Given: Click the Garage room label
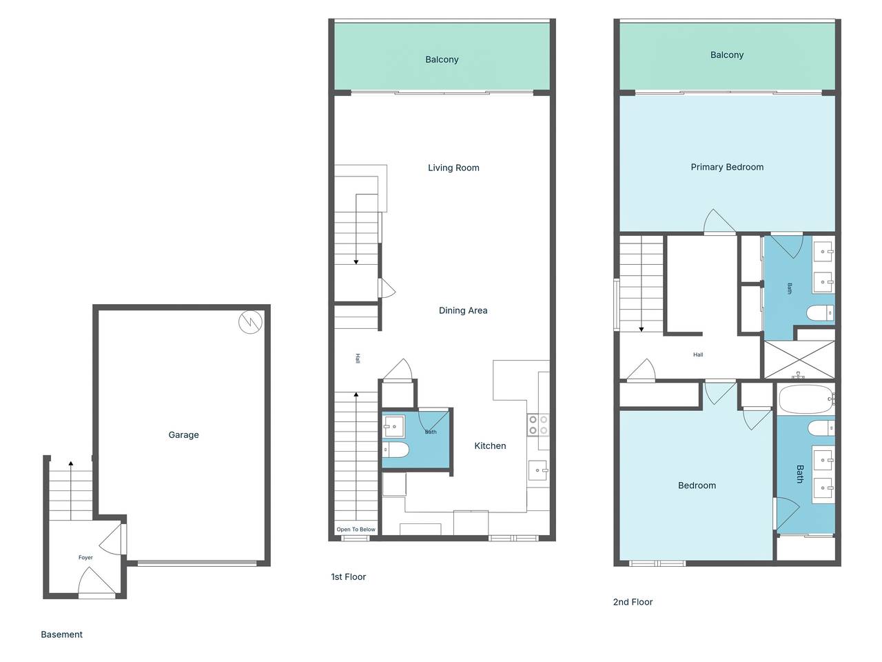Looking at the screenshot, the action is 183,435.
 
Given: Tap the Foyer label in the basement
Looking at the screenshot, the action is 85,557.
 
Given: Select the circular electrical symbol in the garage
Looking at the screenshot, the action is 250,322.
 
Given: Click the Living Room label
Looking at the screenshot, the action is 453,168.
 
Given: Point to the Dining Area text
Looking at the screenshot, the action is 463,310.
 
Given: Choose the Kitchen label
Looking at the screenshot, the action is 490,445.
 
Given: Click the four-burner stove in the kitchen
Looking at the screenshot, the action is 538,425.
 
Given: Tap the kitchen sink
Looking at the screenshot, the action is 537,470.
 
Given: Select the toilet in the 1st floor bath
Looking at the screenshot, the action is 396,450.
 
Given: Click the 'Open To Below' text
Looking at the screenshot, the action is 356,530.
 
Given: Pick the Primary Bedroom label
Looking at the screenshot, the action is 727,167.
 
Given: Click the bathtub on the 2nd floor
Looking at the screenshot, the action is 806,399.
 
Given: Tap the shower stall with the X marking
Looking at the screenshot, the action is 799,360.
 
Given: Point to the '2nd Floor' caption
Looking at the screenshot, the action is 633,602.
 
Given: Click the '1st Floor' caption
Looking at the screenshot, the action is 348,577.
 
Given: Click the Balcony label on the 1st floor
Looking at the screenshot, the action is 442,59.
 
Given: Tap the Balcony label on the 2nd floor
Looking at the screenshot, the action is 726,55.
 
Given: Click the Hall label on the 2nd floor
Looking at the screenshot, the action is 698,354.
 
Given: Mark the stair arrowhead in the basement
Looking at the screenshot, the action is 71,463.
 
